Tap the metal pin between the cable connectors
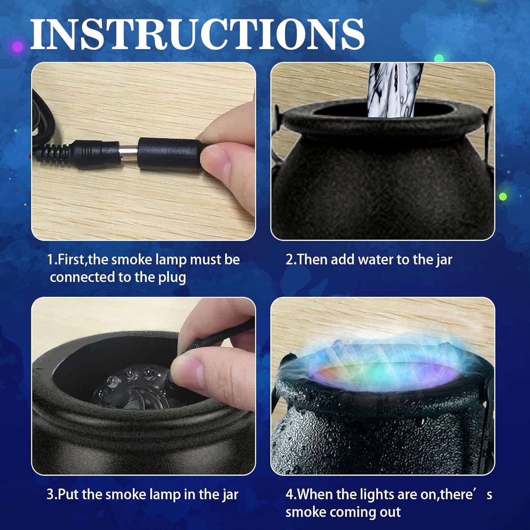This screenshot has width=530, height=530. [129, 150]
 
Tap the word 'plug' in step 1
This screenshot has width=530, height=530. [172, 277]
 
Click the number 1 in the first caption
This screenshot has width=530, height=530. [50, 260]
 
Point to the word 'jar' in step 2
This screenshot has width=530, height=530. [444, 260]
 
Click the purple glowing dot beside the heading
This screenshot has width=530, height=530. [17, 47]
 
